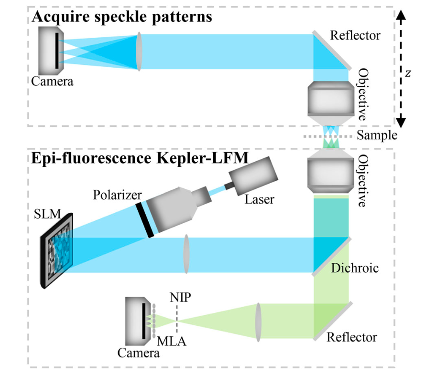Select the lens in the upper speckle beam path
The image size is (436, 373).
139,52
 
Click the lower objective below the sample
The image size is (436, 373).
330,174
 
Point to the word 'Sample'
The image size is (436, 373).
377,135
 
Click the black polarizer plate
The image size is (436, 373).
144,220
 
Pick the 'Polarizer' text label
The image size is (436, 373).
115,196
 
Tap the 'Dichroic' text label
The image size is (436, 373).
354,268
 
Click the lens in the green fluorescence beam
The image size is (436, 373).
259,321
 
